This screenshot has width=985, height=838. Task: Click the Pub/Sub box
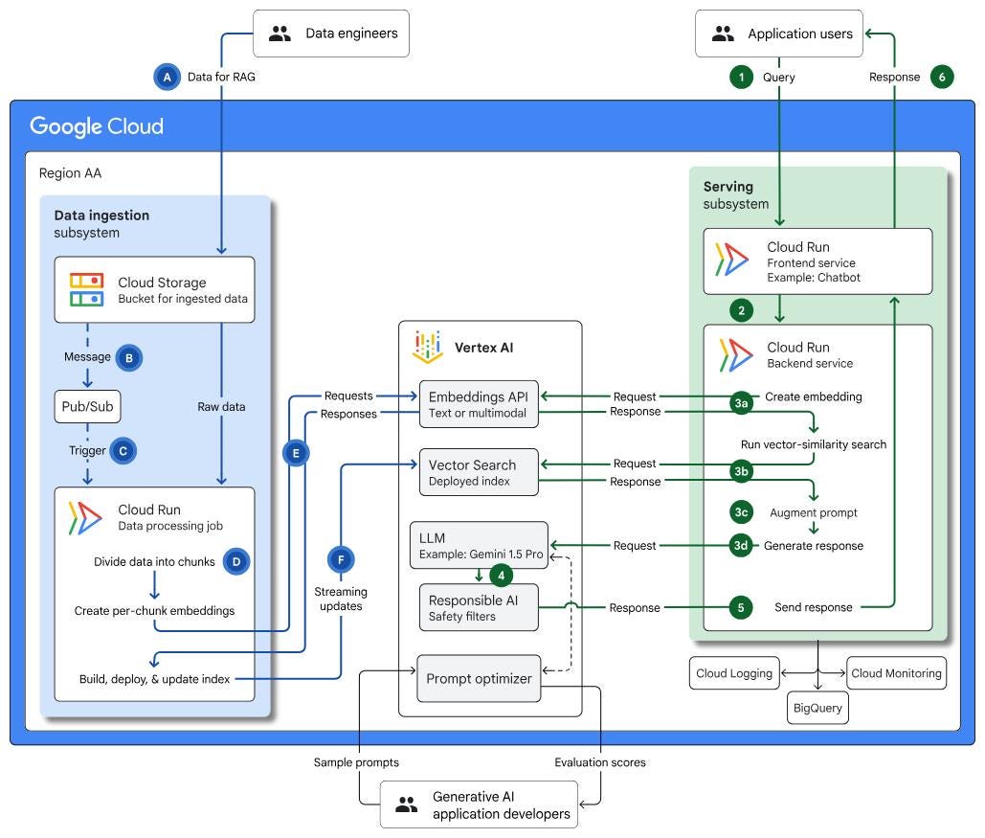pyautogui.click(x=87, y=407)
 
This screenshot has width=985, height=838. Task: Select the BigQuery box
pyautogui.click(x=817, y=708)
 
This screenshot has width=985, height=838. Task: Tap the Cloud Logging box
pyautogui.click(x=734, y=673)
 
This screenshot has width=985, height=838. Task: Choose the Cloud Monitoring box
pyautogui.click(x=896, y=673)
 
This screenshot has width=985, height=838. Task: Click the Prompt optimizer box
pyautogui.click(x=479, y=678)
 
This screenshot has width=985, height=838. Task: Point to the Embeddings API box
pyautogui.click(x=479, y=404)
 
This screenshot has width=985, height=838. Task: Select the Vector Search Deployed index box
pyautogui.click(x=479, y=472)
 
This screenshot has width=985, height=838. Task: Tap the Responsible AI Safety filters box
pyautogui.click(x=479, y=607)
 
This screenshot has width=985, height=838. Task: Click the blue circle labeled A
pyautogui.click(x=168, y=78)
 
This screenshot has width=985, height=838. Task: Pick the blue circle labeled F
pyautogui.click(x=341, y=559)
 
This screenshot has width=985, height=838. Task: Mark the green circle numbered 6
pyautogui.click(x=942, y=78)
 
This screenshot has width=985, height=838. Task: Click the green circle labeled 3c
pyautogui.click(x=741, y=512)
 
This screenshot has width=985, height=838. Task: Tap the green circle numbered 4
pyautogui.click(x=501, y=576)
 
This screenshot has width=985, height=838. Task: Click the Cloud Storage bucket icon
pyautogui.click(x=87, y=289)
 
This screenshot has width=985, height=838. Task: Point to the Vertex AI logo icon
pyautogui.click(x=427, y=347)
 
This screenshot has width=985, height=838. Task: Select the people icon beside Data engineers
pyautogui.click(x=280, y=34)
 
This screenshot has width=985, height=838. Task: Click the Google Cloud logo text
pyautogui.click(x=97, y=126)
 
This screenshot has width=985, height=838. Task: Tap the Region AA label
pyautogui.click(x=71, y=173)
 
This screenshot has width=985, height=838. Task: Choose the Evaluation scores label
pyautogui.click(x=600, y=762)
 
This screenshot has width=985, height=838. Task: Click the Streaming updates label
pyautogui.click(x=341, y=599)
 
